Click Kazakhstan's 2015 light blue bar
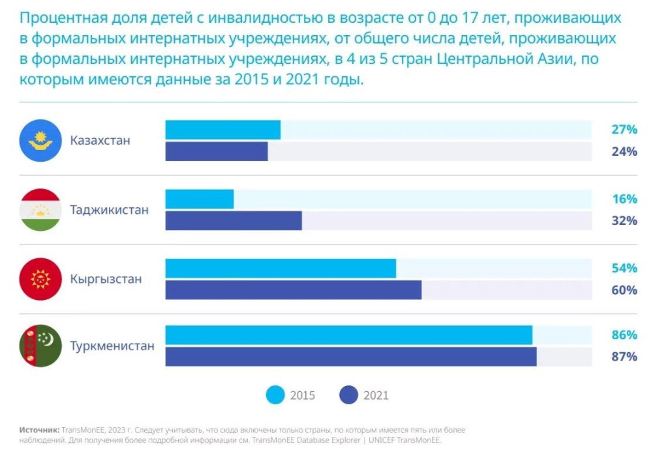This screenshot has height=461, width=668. [222, 130]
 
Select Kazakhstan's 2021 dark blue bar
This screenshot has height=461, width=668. [217, 151]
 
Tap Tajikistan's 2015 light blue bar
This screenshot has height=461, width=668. [199, 199]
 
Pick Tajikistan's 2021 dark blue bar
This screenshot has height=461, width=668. [234, 220]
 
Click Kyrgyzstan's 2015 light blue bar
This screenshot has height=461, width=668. [281, 268]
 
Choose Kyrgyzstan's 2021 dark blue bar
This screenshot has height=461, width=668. [293, 290]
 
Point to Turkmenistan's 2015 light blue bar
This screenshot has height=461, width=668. [348, 335]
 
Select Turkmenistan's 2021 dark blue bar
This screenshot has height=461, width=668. [351, 357]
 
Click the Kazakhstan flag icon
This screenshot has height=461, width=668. [40, 141]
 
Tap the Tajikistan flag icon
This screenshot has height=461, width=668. [40, 210]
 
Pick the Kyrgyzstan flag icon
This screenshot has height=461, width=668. [40, 279]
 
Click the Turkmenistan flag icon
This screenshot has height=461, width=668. [40, 346]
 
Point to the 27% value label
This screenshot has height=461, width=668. [624, 130]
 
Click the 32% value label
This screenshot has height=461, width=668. [624, 220]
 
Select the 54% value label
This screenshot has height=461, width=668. [624, 268]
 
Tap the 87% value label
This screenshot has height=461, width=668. [624, 357]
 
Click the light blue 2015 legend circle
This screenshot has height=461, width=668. [276, 395]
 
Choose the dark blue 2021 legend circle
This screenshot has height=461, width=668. [349, 395]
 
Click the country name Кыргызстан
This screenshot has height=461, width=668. [106, 279]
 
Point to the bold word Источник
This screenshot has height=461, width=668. [40, 430]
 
